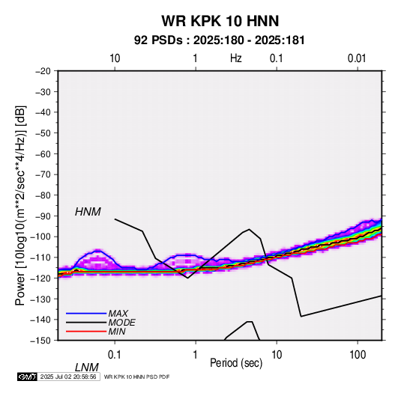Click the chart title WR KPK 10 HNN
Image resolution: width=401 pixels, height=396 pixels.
click(220, 21)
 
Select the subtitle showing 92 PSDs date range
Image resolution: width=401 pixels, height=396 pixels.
click(220, 40)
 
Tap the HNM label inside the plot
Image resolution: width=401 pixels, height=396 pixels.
click(88, 212)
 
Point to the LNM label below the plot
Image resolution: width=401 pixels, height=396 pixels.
click(87, 368)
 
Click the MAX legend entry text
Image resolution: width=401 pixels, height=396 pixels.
click(118, 313)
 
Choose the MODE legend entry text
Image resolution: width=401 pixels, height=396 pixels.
click(121, 323)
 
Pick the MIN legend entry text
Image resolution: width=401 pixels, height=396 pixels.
click(117, 332)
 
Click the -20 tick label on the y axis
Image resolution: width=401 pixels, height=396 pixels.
click(43, 71)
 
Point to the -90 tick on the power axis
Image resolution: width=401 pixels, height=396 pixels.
click(43, 216)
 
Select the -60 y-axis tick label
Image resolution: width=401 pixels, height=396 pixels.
click(43, 153)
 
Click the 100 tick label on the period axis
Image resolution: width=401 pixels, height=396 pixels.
click(358, 355)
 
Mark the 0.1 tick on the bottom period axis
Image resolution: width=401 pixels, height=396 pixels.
click(115, 355)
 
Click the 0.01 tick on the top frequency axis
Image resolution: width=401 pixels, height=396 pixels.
click(357, 58)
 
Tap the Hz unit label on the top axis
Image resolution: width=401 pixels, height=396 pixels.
click(236, 58)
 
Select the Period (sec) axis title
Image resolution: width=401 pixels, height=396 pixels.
click(236, 363)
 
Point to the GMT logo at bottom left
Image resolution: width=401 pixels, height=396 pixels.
click(28, 377)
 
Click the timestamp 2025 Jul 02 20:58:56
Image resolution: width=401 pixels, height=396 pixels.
click(68, 377)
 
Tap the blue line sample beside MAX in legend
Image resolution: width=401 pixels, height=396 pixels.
click(86, 314)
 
